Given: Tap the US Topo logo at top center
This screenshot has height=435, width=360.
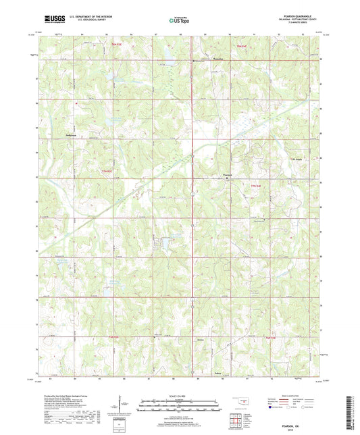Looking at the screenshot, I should tap(180, 21).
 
